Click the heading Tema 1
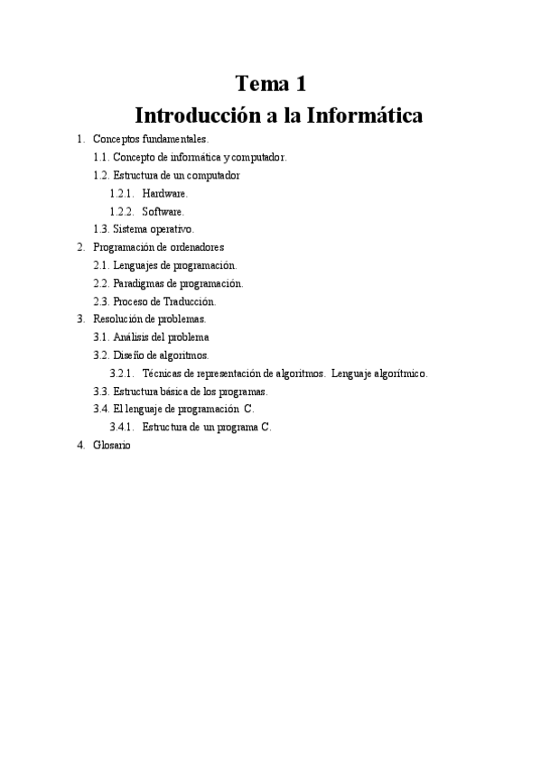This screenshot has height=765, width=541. [271, 85]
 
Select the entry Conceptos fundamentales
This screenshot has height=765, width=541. [150, 139]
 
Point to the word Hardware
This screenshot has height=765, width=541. [164, 193]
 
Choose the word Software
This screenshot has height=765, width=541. [163, 211]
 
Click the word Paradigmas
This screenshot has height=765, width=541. [140, 283]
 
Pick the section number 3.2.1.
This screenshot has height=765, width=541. [122, 373]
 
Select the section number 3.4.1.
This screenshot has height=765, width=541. [122, 427]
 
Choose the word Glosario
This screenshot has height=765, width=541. [112, 445]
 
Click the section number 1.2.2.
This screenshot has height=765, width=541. [122, 211]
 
